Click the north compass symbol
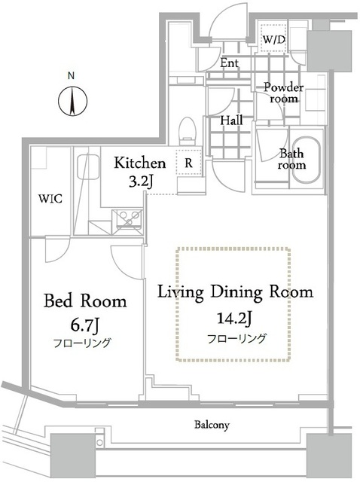point(70,100)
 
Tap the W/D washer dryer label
point(273,38)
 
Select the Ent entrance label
point(230,64)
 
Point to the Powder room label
point(283,93)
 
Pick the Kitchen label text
point(139,163)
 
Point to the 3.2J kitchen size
point(140,182)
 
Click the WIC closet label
point(50,199)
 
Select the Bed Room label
point(84,301)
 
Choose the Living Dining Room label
point(234,291)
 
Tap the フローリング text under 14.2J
point(236,338)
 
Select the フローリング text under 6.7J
point(84,343)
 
